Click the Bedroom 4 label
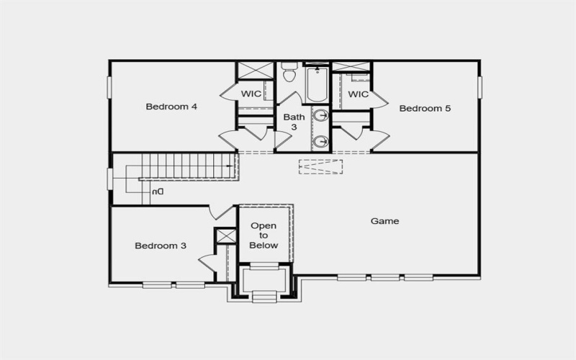point(171,107)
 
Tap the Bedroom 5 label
point(425,109)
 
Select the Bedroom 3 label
point(161,246)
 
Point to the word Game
point(384,221)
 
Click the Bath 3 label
point(293,122)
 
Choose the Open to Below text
point(264,235)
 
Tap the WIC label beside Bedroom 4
point(251,94)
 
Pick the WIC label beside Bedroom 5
point(358,94)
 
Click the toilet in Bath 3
point(289,74)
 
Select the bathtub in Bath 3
point(316,85)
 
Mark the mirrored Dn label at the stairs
point(157,192)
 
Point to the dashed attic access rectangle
point(320,166)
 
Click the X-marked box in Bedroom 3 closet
point(226,236)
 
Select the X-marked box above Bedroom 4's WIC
point(256,71)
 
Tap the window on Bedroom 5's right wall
point(480,86)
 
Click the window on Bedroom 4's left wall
point(110,86)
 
